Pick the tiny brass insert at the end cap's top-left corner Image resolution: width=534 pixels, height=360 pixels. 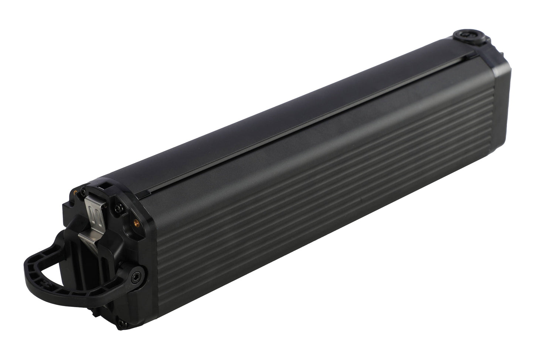[x=76, y=192]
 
